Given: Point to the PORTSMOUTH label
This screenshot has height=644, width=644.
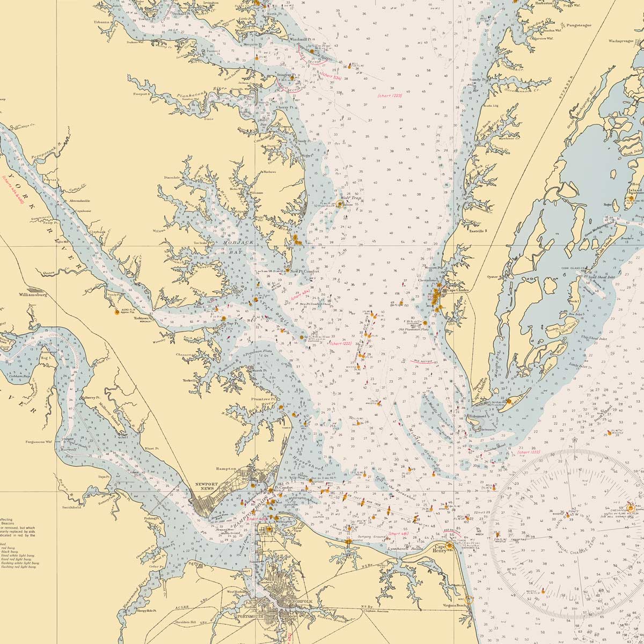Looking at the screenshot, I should (x=253, y=617).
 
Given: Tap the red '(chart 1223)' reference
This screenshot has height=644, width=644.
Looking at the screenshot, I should (x=390, y=95).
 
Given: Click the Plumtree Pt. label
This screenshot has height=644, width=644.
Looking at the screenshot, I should (x=264, y=399).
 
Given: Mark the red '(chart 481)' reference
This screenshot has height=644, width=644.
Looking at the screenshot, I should (x=399, y=534).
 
